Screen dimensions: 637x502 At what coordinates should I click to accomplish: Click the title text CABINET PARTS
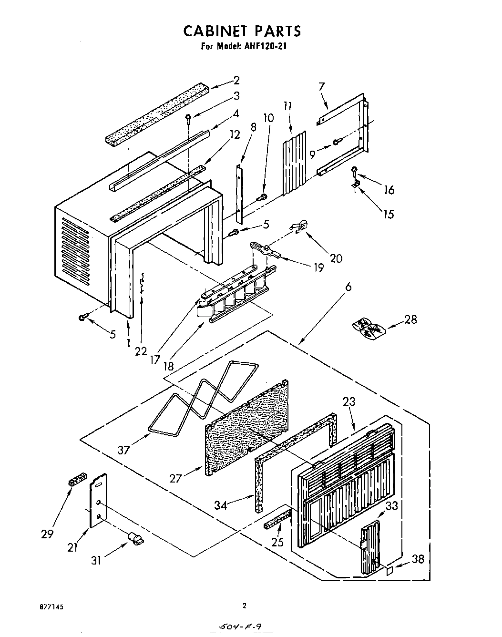[242, 31]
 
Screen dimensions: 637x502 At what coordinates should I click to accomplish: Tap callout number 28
[410, 319]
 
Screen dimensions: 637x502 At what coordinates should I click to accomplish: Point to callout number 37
[123, 450]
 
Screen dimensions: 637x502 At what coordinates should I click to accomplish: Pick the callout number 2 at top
[236, 80]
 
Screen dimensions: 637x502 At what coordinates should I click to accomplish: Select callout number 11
[287, 106]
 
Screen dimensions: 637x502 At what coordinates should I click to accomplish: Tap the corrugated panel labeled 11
[292, 163]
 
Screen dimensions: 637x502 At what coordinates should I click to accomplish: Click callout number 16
[389, 190]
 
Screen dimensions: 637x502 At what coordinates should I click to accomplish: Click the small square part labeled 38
[389, 571]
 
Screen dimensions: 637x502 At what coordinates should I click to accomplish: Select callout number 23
[349, 401]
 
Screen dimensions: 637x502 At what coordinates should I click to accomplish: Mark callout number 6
[348, 287]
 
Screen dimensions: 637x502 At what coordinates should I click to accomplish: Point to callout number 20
[336, 258]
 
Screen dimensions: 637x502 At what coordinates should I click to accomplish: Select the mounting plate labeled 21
[98, 501]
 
